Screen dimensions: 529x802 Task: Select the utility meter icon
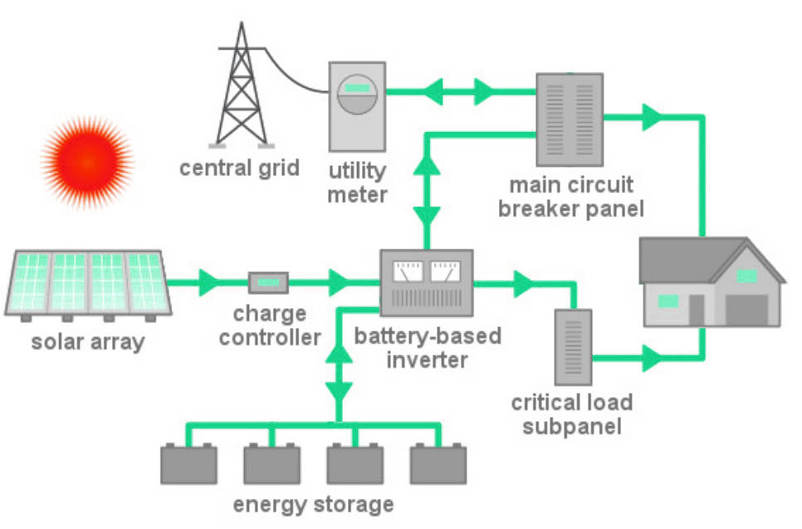click(357, 105)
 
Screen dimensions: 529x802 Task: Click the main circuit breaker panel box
click(568, 119)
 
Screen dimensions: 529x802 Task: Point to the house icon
click(711, 282)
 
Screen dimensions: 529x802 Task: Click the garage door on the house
click(751, 309)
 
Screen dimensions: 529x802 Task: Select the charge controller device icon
click(268, 283)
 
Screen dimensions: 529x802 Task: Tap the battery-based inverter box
click(426, 282)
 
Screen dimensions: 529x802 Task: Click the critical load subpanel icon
click(573, 346)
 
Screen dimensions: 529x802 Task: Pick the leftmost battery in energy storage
click(188, 464)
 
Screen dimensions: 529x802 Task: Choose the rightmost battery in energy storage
click(438, 464)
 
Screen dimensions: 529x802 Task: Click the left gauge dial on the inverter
click(408, 271)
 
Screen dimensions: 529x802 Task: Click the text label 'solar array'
click(87, 341)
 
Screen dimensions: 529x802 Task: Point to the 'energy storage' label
click(313, 504)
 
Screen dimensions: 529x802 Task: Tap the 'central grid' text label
click(239, 168)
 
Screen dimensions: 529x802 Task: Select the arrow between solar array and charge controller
click(208, 283)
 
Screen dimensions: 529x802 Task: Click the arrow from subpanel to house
click(653, 360)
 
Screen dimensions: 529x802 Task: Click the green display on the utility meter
click(357, 87)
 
